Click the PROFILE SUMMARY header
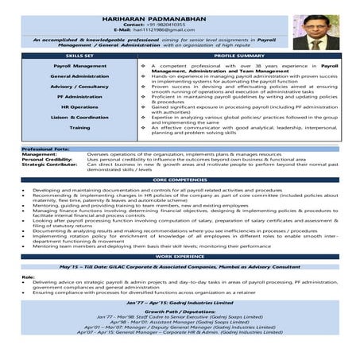(239, 57)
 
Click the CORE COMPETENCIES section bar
(180, 181)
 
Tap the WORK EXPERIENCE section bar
(180, 257)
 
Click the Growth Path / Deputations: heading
(180, 312)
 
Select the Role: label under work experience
(28, 277)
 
